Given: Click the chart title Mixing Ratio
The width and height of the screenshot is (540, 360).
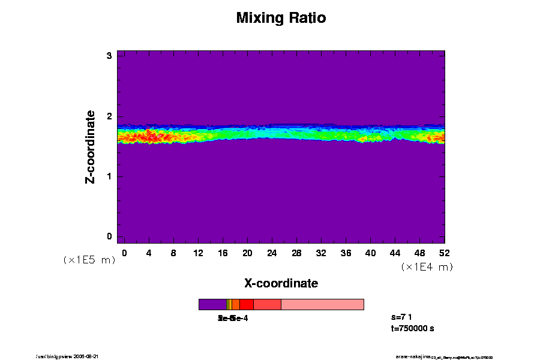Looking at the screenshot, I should (281, 18).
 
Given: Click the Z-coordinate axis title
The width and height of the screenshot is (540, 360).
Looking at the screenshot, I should (91, 146).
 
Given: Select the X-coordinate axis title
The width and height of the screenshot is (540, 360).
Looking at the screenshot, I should (281, 283).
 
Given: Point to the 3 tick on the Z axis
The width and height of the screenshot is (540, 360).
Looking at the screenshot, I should (110, 56).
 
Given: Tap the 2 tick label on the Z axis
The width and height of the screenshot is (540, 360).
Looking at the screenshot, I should (110, 116).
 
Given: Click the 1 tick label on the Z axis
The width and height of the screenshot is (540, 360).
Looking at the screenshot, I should (110, 176).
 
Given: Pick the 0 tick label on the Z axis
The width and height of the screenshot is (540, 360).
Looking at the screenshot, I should (110, 236).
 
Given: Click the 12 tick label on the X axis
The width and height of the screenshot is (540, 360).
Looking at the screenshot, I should (198, 253).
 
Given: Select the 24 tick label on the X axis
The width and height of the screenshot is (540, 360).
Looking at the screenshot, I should (272, 253).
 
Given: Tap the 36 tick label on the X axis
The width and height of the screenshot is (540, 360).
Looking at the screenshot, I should (346, 253).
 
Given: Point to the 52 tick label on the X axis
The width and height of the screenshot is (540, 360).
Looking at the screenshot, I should (444, 253).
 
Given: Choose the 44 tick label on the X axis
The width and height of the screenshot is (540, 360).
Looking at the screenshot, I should (395, 253).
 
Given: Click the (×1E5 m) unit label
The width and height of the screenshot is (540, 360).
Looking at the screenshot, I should (89, 260).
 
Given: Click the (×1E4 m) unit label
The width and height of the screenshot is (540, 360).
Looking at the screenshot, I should (427, 267).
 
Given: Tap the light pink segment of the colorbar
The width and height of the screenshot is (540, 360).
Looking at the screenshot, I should (322, 304).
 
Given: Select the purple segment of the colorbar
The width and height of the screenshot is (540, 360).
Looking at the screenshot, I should (212, 304).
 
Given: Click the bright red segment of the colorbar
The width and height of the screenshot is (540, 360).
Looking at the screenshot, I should (246, 304).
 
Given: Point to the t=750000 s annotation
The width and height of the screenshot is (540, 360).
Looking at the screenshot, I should (412, 328).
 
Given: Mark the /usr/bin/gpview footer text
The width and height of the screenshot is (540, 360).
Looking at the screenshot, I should (71, 356).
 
